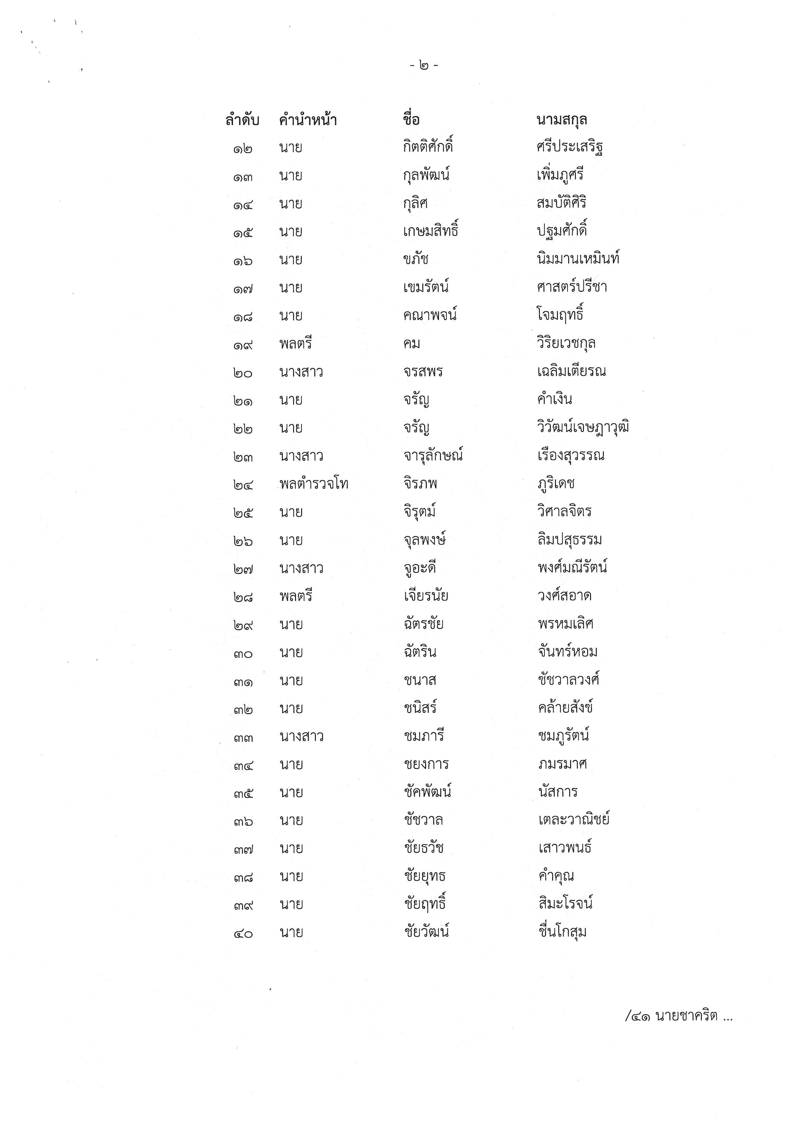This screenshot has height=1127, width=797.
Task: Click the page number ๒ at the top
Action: (x=424, y=65)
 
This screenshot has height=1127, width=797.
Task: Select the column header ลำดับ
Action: (x=242, y=120)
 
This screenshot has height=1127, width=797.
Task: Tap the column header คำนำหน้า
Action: (x=308, y=120)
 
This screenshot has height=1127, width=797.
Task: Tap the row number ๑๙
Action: (x=243, y=345)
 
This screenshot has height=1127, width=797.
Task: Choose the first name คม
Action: (x=411, y=344)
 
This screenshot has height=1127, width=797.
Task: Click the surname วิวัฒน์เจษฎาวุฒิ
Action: (x=583, y=427)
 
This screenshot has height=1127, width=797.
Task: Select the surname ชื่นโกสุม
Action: (x=562, y=932)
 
